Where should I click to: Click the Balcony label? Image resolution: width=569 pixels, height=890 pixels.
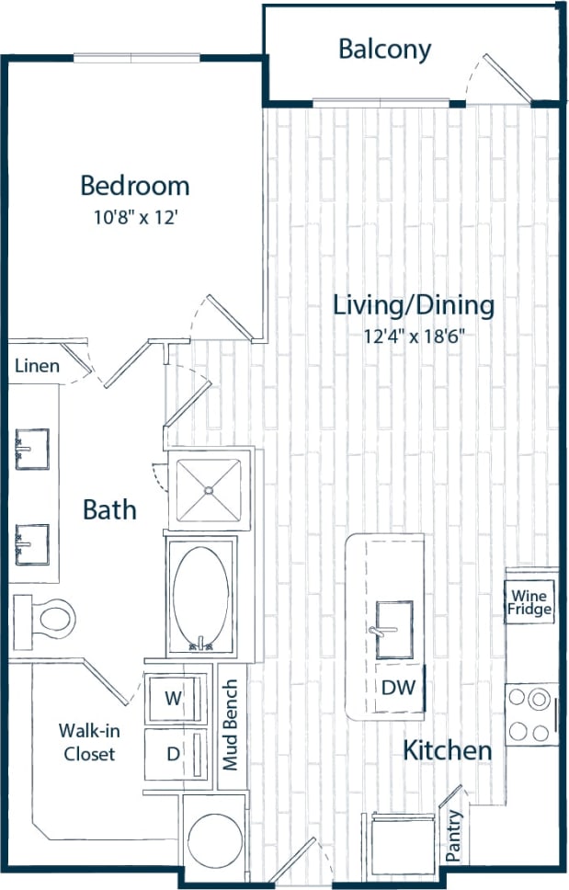pyautogui.click(x=384, y=50)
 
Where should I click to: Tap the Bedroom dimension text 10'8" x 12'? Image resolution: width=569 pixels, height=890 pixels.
pyautogui.click(x=134, y=219)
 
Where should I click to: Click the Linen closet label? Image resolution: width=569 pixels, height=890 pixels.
pyautogui.click(x=38, y=366)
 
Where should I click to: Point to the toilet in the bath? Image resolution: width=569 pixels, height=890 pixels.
pyautogui.click(x=46, y=614)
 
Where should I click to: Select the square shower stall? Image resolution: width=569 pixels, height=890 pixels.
pyautogui.click(x=208, y=489)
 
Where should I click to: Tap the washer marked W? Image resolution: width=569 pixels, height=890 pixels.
pyautogui.click(x=173, y=698)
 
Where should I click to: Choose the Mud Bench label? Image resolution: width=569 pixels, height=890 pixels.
pyautogui.click(x=232, y=725)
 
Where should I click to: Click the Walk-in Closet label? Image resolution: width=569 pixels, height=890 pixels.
pyautogui.click(x=88, y=743)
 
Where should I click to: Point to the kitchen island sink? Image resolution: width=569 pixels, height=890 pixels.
pyautogui.click(x=393, y=630)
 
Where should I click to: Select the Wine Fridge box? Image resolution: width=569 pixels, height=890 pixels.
pyautogui.click(x=530, y=603)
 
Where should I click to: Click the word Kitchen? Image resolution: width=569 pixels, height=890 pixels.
pyautogui.click(x=448, y=750)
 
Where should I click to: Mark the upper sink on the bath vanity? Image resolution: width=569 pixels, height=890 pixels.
pyautogui.click(x=31, y=449)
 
